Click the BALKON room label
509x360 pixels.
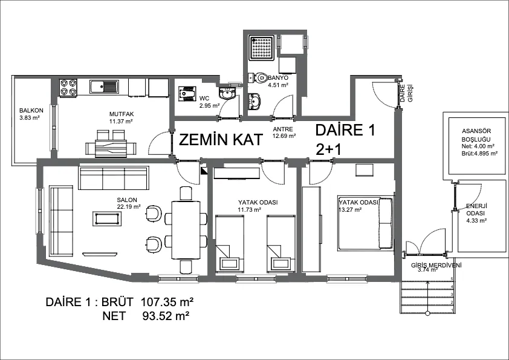pyautogui.click(x=31, y=111)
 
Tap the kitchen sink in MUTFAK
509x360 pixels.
pyautogui.click(x=105, y=87)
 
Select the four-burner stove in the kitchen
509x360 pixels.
pyautogui.click(x=68, y=88)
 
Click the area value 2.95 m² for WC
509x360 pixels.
pyautogui.click(x=210, y=105)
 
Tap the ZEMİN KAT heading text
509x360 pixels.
pyautogui.click(x=221, y=140)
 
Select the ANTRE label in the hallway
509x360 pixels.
pyautogui.click(x=283, y=129)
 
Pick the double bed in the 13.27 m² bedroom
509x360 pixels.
pyautogui.click(x=365, y=223)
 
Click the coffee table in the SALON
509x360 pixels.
pyautogui.click(x=107, y=218)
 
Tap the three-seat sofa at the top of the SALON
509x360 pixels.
pyautogui.click(x=114, y=178)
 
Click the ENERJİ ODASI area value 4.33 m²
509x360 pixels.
pyautogui.click(x=476, y=221)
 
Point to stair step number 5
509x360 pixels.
pyautogui.click(x=452, y=279)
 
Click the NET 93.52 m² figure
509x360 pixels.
pyautogui.click(x=146, y=315)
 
